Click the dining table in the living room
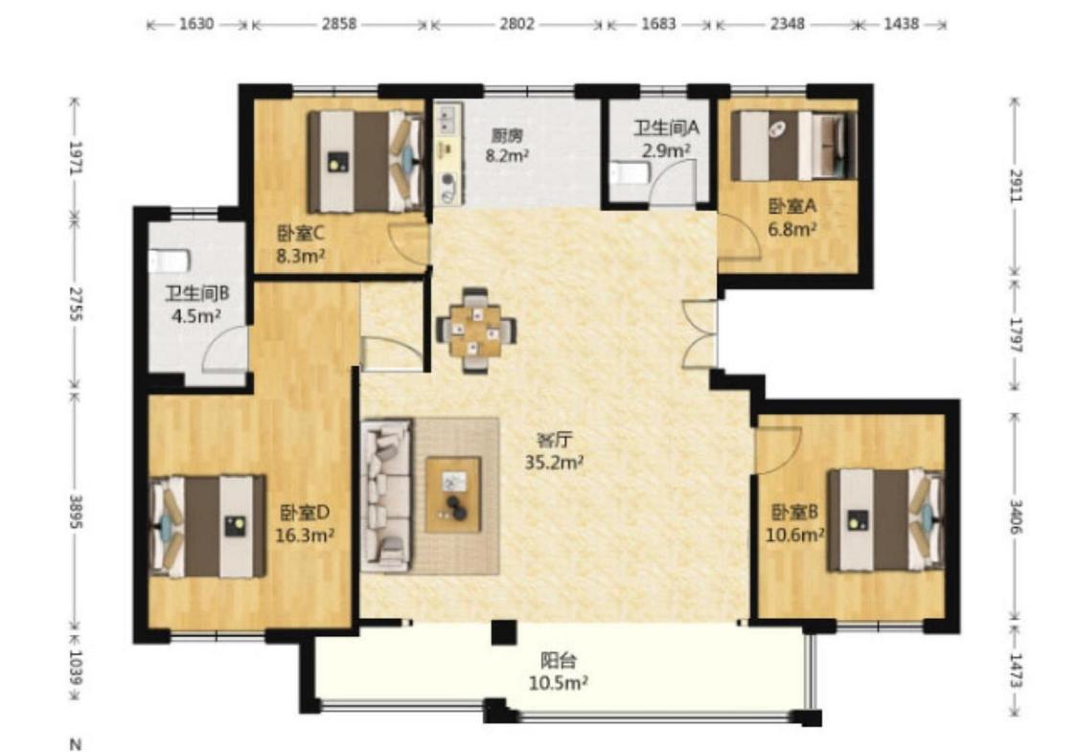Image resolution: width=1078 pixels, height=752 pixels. click(476, 330)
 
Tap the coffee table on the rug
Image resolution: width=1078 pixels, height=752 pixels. click(453, 494)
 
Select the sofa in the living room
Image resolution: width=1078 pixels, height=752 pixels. click(387, 495)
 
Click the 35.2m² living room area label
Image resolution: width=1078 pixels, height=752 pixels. click(554, 462)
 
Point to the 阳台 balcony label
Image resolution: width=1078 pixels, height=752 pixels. click(558, 661)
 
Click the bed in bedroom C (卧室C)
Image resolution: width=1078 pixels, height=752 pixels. click(365, 162)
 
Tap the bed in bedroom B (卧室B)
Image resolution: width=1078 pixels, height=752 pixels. click(885, 519)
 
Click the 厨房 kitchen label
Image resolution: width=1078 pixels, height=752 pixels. click(507, 135)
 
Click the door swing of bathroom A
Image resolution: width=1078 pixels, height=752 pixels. click(673, 181)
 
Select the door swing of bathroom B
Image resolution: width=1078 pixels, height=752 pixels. click(225, 350)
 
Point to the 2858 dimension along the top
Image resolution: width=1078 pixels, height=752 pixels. click(339, 24)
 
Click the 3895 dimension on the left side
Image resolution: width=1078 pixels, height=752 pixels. click(76, 512)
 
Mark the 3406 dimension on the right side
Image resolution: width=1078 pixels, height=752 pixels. click(1016, 515)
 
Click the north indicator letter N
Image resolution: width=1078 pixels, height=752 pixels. click(76, 743)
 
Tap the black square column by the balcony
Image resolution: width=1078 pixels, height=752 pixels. click(504, 632)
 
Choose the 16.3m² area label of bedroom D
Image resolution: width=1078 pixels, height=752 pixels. click(305, 535)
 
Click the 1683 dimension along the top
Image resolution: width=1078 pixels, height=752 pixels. click(658, 24)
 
